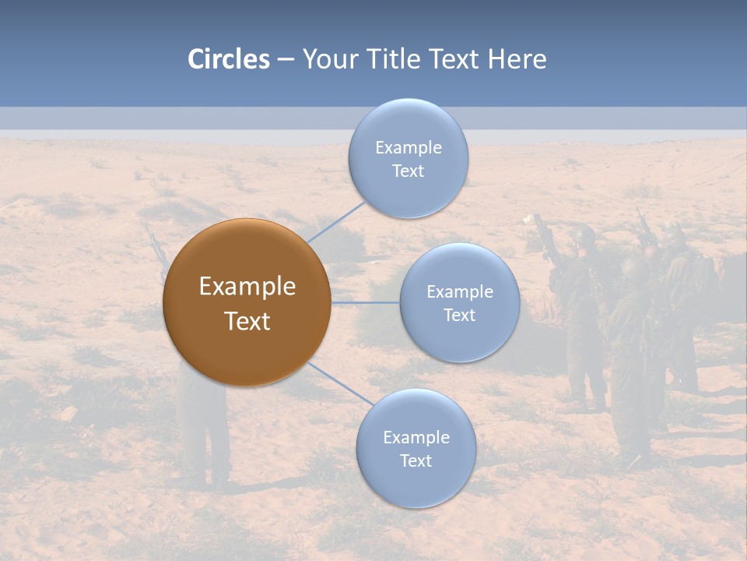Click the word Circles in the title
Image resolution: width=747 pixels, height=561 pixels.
(x=228, y=59)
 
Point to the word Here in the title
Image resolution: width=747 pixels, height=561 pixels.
(x=517, y=59)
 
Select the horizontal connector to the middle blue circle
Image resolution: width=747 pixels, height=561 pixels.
(x=366, y=302)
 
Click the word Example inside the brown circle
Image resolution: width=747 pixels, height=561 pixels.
(x=247, y=287)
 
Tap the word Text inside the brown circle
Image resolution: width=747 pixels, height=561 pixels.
(x=247, y=321)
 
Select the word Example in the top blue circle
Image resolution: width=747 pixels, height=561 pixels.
(x=408, y=148)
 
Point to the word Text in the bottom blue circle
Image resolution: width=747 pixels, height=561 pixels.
(x=416, y=460)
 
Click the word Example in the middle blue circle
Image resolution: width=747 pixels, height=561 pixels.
(x=459, y=292)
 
